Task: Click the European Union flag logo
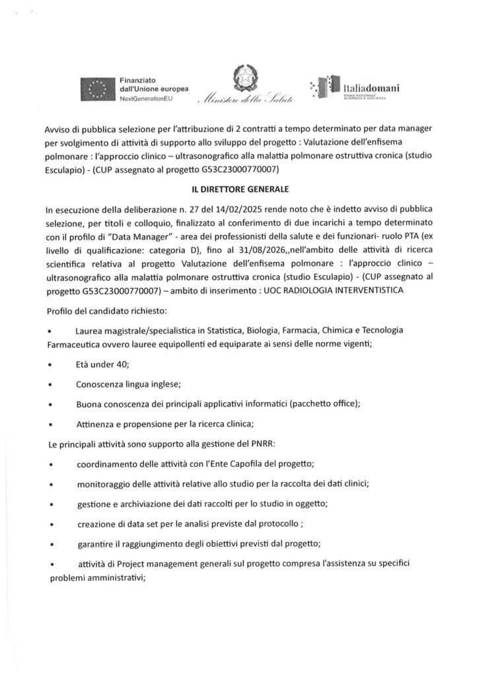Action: pos(97,88)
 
